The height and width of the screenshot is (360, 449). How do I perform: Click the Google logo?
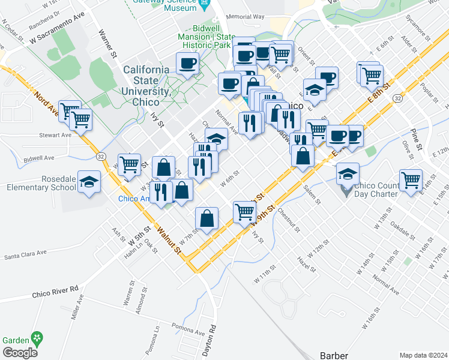(x=19, y=353)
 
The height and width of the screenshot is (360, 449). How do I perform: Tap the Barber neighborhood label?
(x=334, y=355)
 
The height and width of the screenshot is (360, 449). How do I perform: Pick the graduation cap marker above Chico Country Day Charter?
(x=348, y=173)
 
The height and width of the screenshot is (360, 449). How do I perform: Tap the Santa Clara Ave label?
(x=25, y=254)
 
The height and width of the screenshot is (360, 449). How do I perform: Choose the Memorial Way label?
(x=246, y=17)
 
